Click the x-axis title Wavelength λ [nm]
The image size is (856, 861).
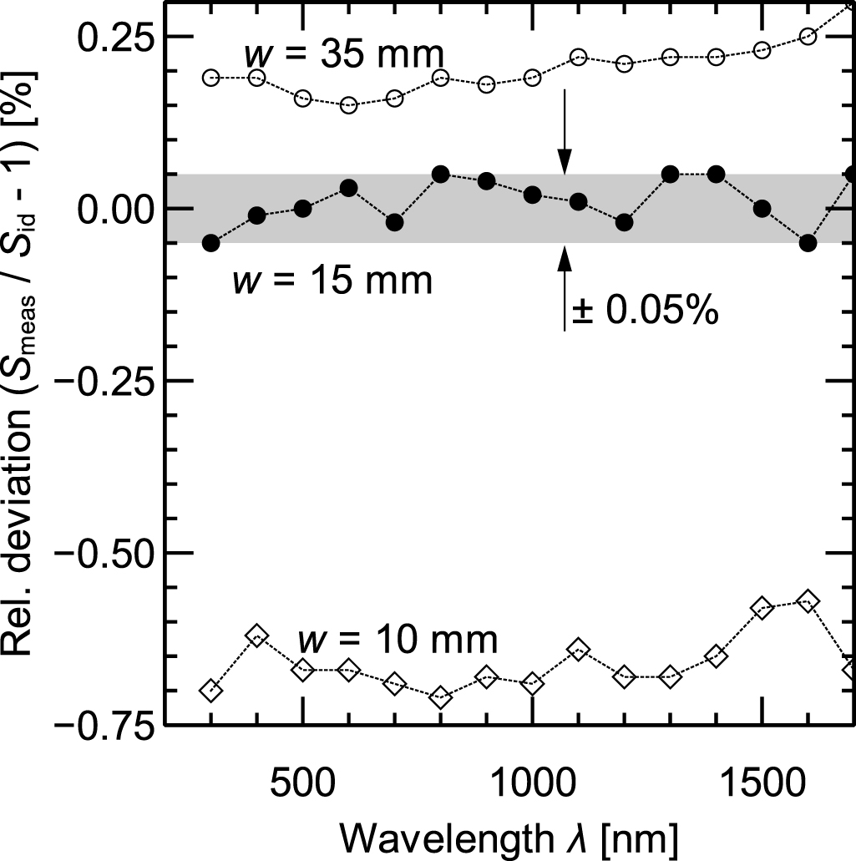click(x=509, y=835)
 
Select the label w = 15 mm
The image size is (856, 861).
click(x=332, y=281)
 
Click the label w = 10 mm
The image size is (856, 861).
click(x=398, y=641)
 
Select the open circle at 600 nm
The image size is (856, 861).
click(x=349, y=105)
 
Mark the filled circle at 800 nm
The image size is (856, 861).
click(x=441, y=174)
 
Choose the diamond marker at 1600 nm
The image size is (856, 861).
click(x=808, y=601)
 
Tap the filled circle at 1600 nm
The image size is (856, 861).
click(x=808, y=243)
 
